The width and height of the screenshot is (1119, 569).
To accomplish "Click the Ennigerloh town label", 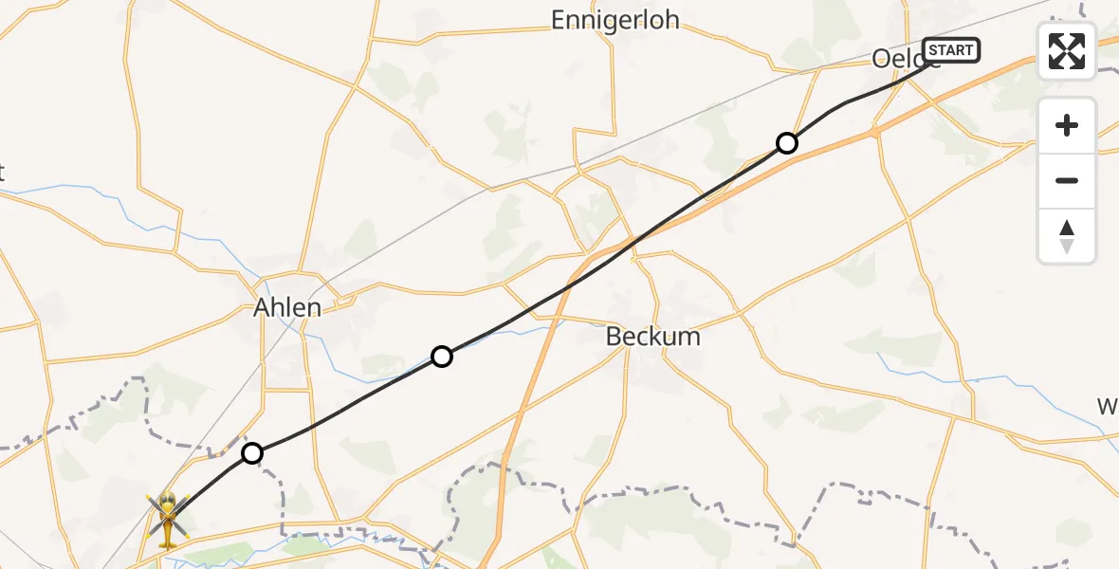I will [x=615, y=20].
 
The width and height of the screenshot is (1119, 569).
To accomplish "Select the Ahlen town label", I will [x=287, y=307].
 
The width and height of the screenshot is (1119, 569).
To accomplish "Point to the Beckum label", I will [x=652, y=337].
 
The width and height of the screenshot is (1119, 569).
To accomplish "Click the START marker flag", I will [x=950, y=50].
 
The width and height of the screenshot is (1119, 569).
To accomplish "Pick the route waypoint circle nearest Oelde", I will [x=786, y=143].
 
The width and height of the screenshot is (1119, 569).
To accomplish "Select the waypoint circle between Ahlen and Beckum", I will [x=441, y=357].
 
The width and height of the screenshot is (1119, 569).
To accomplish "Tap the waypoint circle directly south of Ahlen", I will [x=251, y=453].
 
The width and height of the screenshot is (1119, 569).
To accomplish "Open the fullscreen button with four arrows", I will [x=1067, y=51].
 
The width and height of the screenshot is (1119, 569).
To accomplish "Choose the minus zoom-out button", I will [x=1067, y=180].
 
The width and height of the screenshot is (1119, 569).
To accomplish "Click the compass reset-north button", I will [x=1067, y=235].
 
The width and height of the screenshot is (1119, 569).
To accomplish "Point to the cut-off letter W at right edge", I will [x=1108, y=407].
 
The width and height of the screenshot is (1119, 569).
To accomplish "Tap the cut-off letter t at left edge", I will [x=2, y=173].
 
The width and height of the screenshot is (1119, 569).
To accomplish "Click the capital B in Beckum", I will [x=615, y=337].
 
